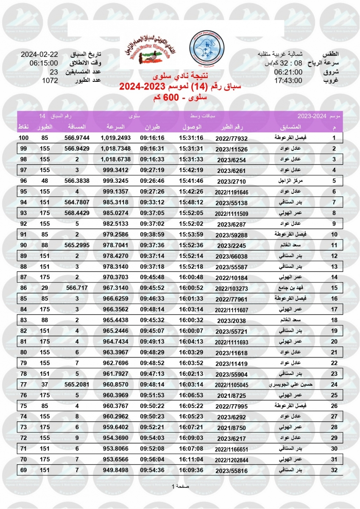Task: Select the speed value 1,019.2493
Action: click(x=115, y=138)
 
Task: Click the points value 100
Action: click(x=24, y=138)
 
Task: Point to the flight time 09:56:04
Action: click(x=152, y=459)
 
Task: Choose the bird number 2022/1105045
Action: click(x=232, y=385)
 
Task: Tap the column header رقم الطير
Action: click(x=233, y=127)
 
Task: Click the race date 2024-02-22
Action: click(x=39, y=55)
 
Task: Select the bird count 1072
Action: click(x=50, y=81)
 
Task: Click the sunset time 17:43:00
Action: click(x=288, y=81)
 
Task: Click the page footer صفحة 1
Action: click(x=180, y=486)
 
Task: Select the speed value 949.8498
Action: click(x=115, y=470)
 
